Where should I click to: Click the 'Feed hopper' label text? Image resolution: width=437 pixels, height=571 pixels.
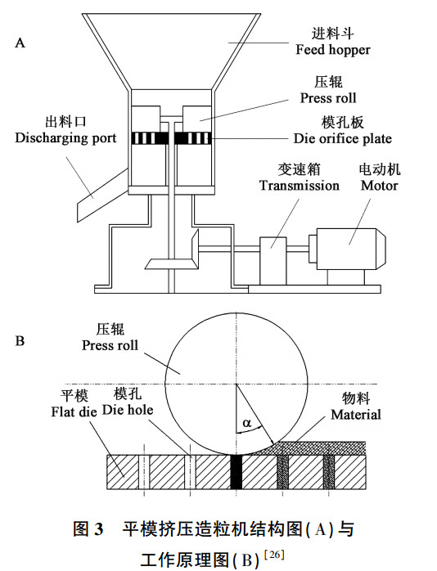332,50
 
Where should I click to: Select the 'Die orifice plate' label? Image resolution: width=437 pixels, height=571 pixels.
343,138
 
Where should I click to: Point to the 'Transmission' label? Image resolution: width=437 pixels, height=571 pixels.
300,186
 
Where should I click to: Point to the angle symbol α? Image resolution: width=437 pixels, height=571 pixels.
248,424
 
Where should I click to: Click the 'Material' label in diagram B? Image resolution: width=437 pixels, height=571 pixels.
355,415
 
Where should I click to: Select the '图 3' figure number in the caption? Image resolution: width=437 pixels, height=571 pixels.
88,529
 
